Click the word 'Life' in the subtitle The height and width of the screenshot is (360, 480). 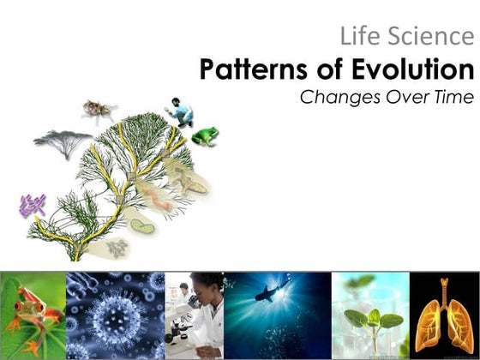(x=357, y=37)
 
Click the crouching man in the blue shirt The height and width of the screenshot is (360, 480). (x=181, y=111)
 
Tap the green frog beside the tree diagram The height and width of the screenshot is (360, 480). (x=205, y=135)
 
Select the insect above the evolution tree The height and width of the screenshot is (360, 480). (x=99, y=109)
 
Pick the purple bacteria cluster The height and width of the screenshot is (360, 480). (x=33, y=205)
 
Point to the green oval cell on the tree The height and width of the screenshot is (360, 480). (x=142, y=226)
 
